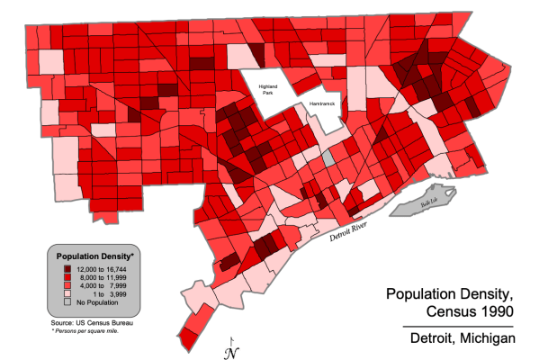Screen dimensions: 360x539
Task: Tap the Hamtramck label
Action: click(x=321, y=104)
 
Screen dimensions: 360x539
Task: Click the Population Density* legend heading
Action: click(x=95, y=255)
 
